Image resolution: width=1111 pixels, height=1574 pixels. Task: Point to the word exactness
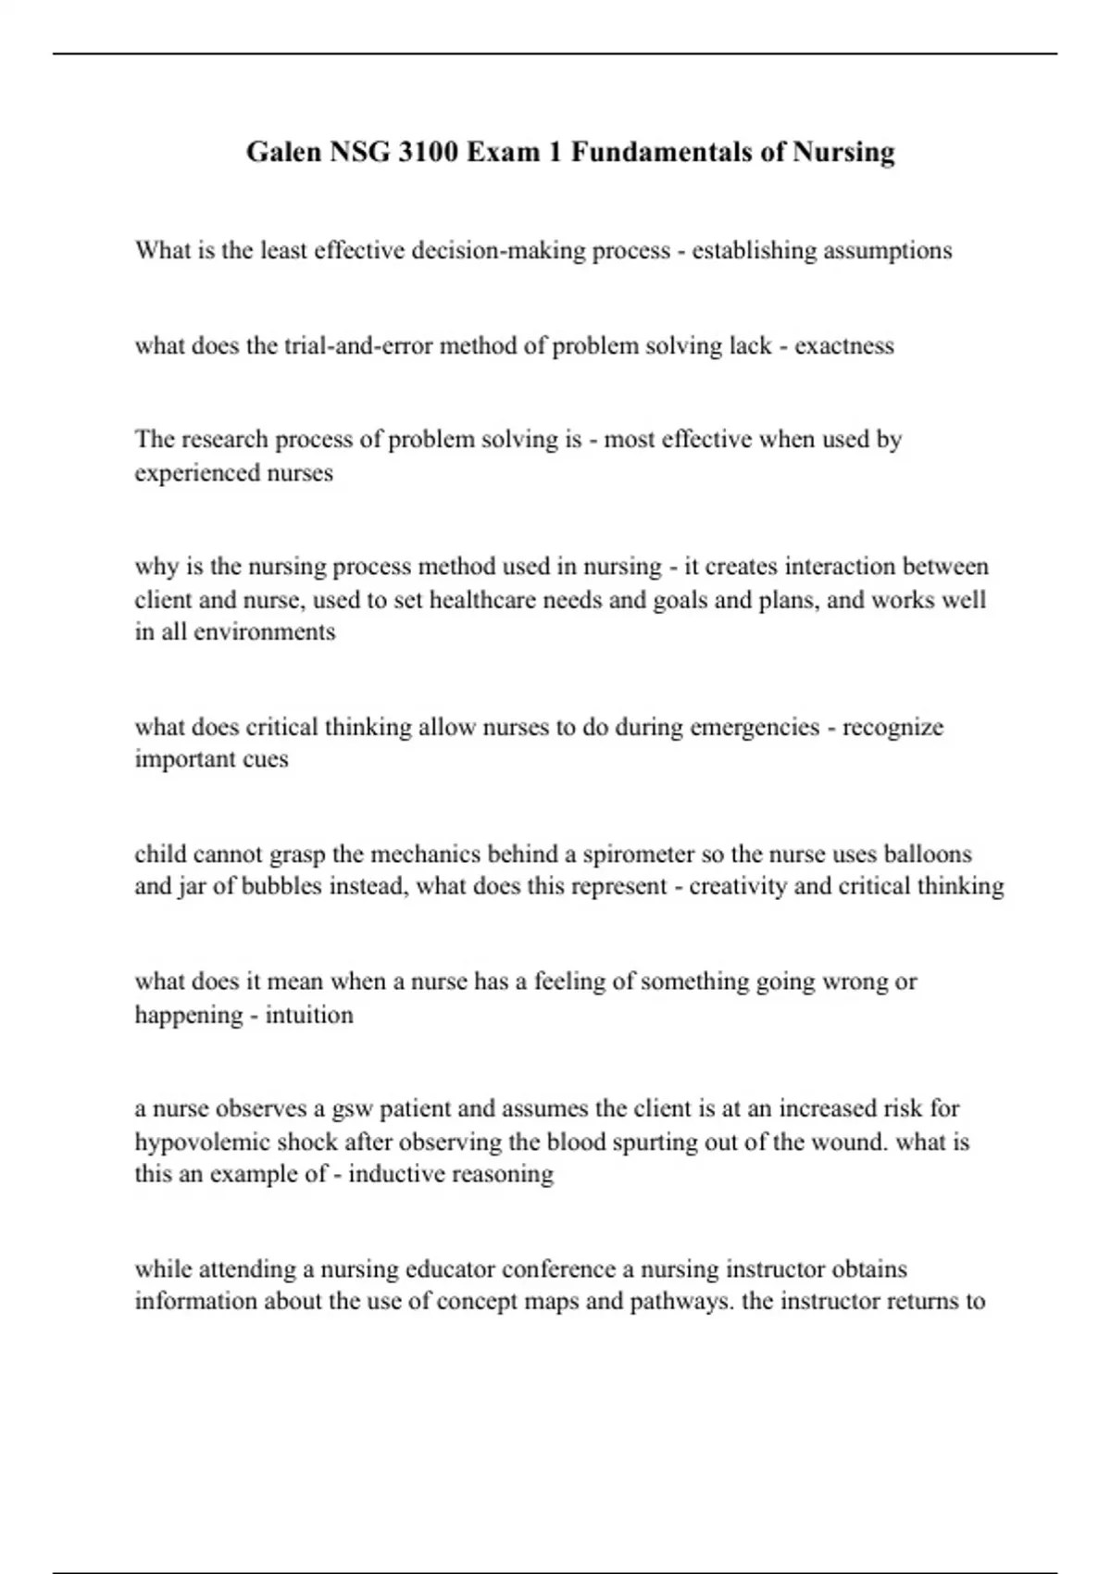(844, 346)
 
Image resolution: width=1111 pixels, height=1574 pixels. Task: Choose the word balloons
(928, 854)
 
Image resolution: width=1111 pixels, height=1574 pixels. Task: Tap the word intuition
(309, 1015)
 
